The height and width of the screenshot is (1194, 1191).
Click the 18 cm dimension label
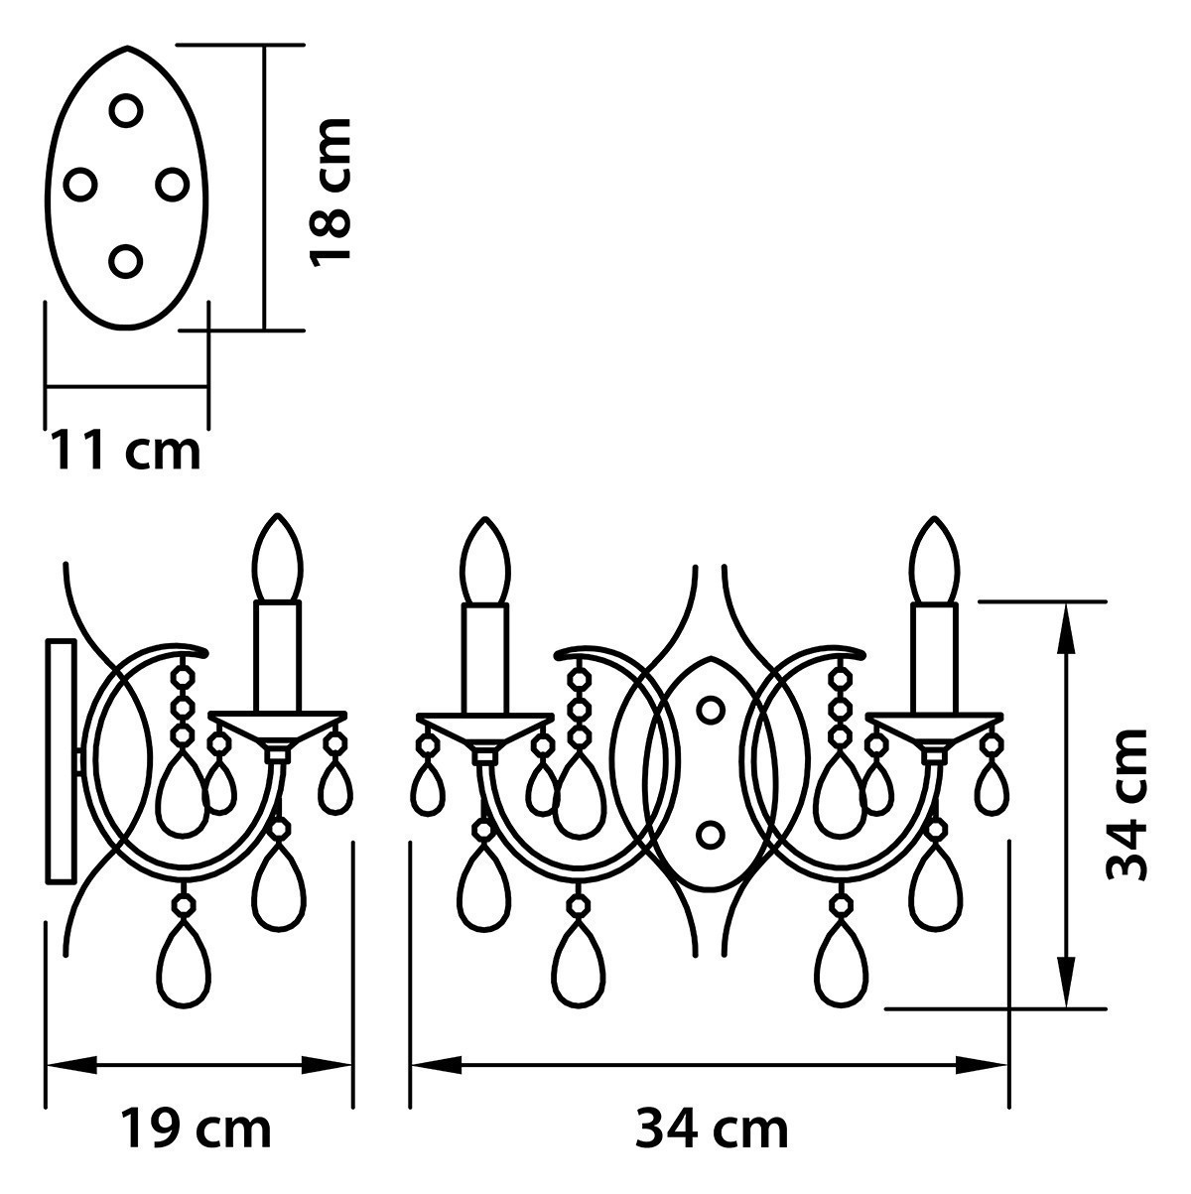click(x=331, y=193)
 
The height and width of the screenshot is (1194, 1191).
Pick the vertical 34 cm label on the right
click(x=1126, y=804)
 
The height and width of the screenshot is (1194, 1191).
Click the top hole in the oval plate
click(x=126, y=111)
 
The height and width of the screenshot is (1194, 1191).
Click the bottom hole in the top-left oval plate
click(x=126, y=261)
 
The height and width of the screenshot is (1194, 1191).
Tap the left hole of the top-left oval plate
click(x=80, y=185)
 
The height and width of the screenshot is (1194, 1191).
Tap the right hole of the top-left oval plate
click(x=172, y=185)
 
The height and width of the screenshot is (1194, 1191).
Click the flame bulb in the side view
click(x=278, y=558)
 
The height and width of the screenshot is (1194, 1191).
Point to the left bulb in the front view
click(x=485, y=561)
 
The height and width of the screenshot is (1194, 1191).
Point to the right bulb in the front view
click(x=935, y=561)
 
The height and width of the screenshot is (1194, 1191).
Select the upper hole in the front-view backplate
click(x=711, y=710)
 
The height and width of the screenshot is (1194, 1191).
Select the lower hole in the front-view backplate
click(x=711, y=835)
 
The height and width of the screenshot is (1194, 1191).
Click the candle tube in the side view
click(x=278, y=657)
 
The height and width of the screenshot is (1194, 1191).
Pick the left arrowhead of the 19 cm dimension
click(x=71, y=1065)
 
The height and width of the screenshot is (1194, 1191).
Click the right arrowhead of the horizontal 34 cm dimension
click(x=983, y=1065)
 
